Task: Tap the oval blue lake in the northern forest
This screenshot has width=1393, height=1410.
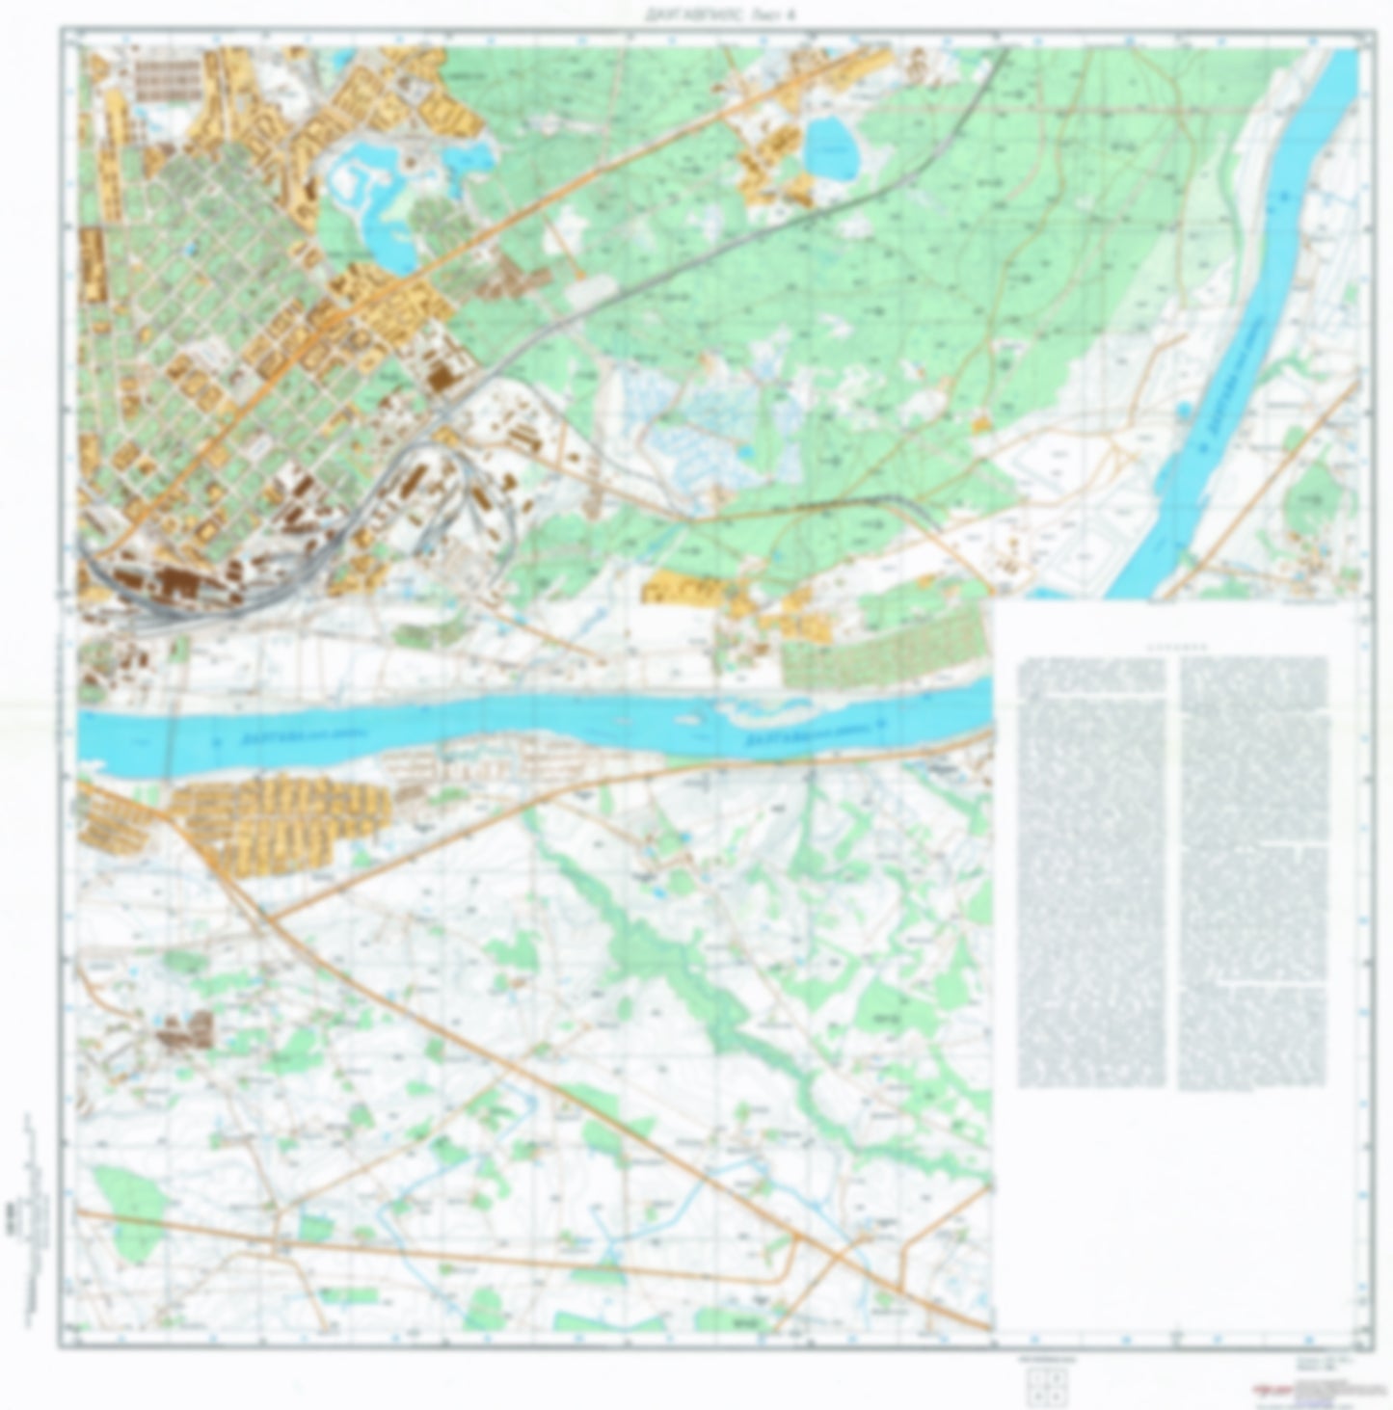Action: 832,149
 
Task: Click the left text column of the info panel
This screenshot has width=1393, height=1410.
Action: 1091,872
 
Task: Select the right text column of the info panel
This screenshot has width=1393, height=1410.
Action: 1253,872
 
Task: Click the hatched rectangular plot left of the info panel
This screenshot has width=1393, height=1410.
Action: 882,651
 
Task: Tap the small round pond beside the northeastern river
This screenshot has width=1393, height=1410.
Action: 1185,411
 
